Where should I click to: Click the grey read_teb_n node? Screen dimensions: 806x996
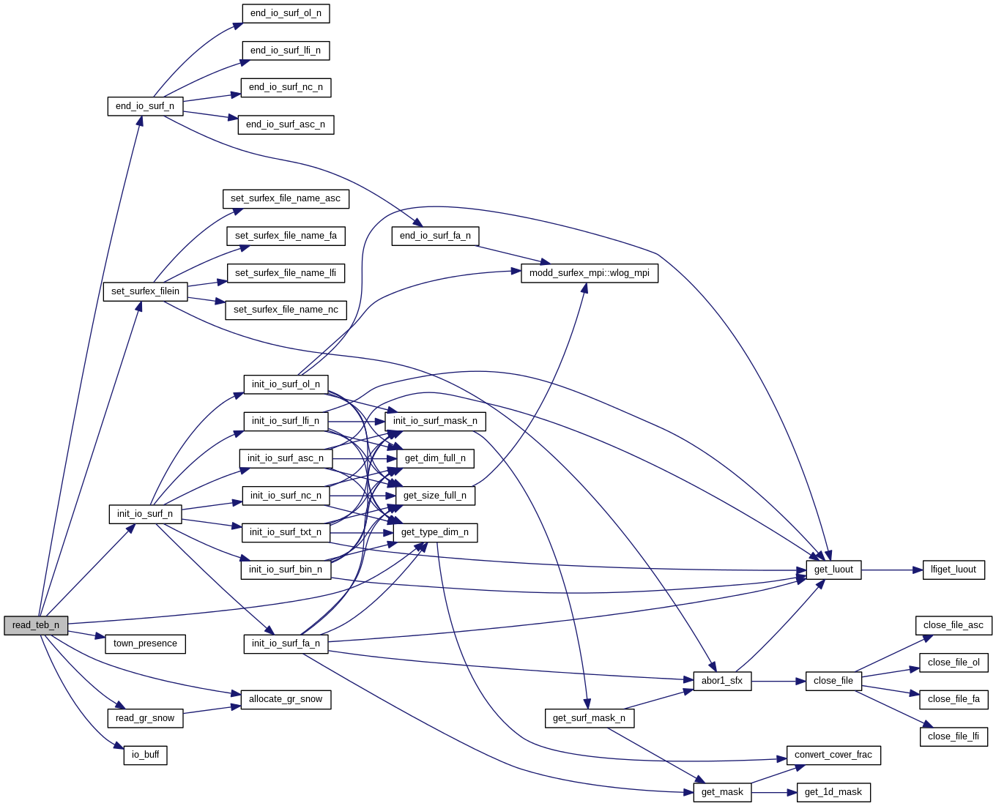[x=36, y=625]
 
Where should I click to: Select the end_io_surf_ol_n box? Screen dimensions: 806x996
[x=286, y=13]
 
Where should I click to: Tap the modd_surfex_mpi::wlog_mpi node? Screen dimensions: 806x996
[x=590, y=273]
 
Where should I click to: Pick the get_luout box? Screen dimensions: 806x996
[x=833, y=570]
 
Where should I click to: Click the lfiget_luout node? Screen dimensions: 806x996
[x=953, y=570]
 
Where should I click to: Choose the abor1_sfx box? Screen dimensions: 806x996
[x=721, y=681]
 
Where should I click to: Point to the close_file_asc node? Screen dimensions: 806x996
[x=953, y=625]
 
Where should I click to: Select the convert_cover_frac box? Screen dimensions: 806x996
[x=833, y=755]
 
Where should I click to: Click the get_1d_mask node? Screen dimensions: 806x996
[x=833, y=792]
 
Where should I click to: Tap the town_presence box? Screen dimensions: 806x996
[x=145, y=643]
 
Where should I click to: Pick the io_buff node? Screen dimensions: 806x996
[x=145, y=755]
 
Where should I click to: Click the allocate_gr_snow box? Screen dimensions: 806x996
[x=286, y=699]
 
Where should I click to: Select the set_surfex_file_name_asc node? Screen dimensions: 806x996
[x=286, y=198]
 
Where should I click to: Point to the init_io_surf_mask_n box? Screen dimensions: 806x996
[x=435, y=421]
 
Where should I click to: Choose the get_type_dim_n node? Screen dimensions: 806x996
[x=435, y=532]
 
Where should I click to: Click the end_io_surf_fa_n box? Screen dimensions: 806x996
[x=435, y=236]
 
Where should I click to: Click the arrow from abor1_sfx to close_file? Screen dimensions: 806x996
[x=778, y=681]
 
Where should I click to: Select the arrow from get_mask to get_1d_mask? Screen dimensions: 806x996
[x=773, y=792]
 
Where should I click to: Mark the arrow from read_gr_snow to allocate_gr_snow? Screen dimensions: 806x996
[x=212, y=710]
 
